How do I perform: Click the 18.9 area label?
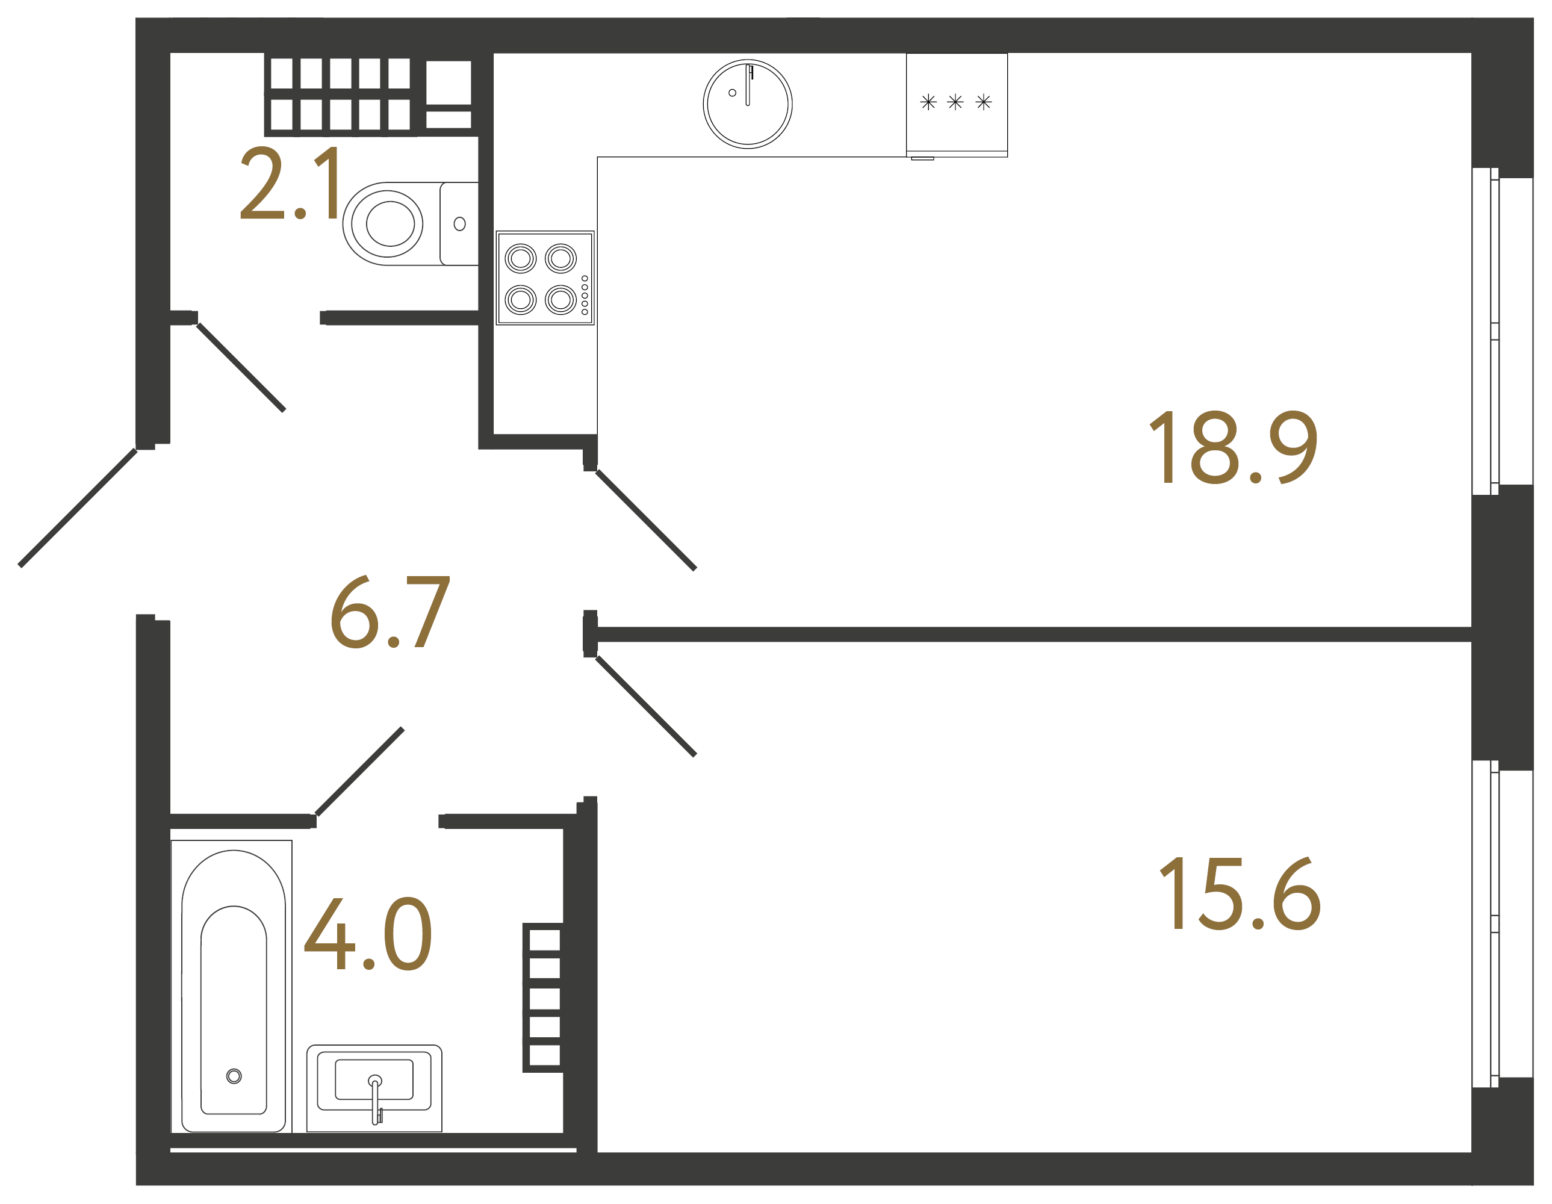click(1233, 448)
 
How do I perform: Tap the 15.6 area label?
click(1240, 893)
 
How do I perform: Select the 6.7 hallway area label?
click(390, 613)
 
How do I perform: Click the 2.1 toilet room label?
click(291, 184)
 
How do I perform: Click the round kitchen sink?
click(748, 104)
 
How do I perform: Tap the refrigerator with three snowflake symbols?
click(957, 104)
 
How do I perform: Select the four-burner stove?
click(545, 278)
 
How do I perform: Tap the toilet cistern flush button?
click(460, 224)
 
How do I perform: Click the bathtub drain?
click(234, 1076)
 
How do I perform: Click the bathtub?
click(233, 988)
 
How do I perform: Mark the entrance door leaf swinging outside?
click(78, 507)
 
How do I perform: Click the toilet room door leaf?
click(241, 367)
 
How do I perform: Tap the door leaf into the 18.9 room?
click(645, 520)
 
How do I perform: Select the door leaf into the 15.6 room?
click(645, 706)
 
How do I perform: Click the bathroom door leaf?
click(359, 771)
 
